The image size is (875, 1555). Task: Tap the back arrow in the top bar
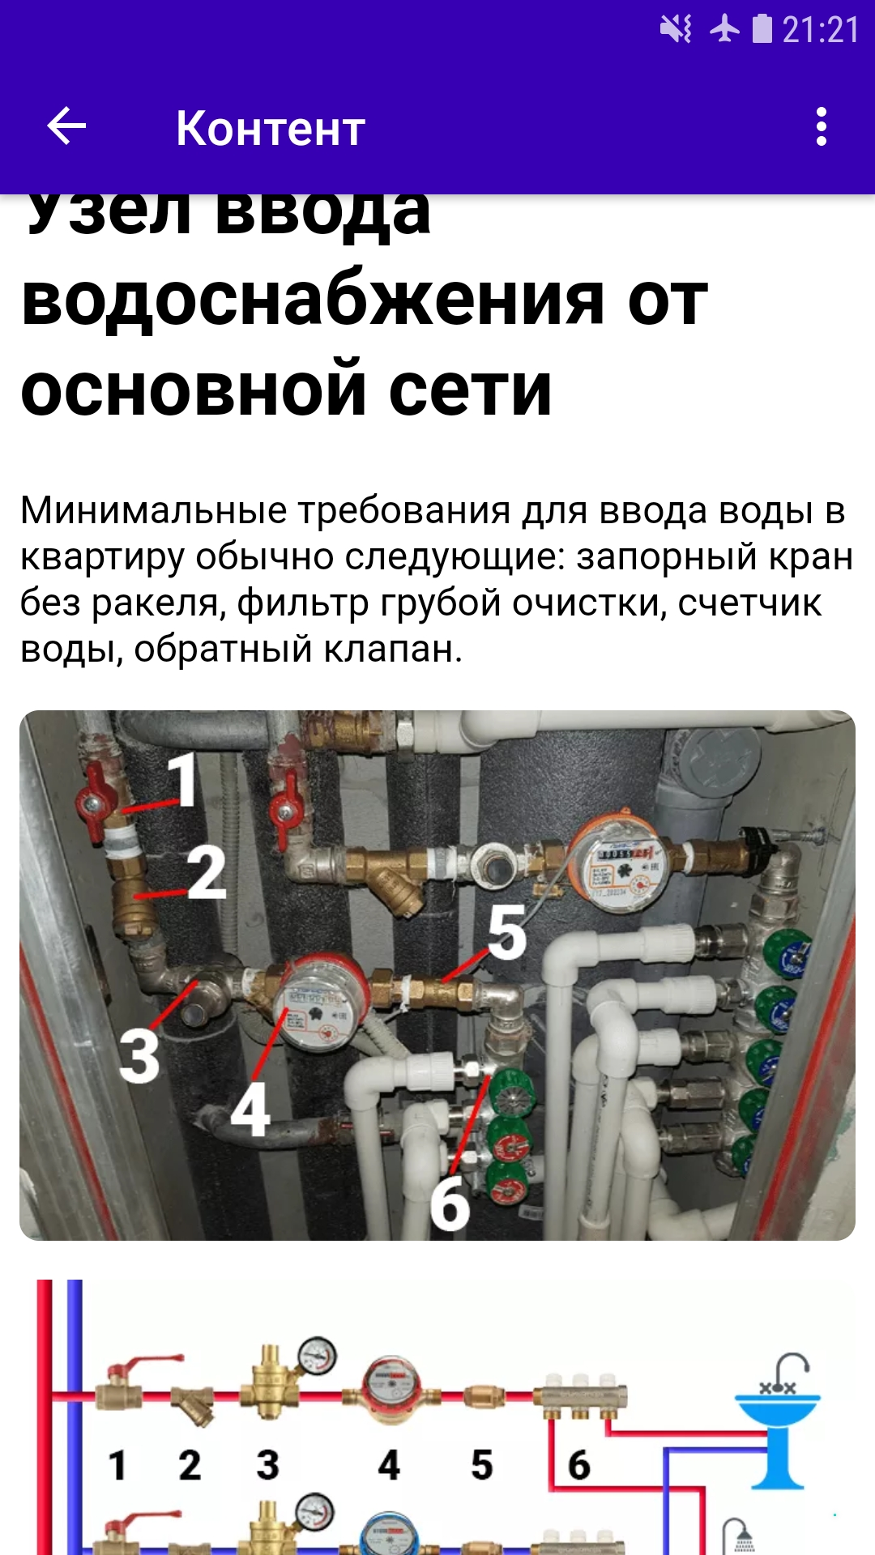(x=66, y=127)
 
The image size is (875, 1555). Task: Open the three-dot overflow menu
(x=821, y=127)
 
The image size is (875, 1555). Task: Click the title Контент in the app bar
(x=271, y=129)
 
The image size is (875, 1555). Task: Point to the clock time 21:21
(x=820, y=31)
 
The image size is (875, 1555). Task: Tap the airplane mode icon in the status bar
(x=724, y=30)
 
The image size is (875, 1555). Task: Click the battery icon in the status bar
(x=762, y=29)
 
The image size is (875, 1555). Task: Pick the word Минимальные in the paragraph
(x=153, y=511)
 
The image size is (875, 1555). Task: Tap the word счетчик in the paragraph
(x=749, y=603)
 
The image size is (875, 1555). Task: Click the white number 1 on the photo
(x=184, y=779)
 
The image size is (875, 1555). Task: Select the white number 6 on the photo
(x=450, y=1204)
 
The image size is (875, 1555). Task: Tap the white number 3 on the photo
(x=139, y=1055)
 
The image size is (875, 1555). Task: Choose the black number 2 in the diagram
(x=190, y=1465)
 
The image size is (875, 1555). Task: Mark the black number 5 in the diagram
(x=482, y=1465)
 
